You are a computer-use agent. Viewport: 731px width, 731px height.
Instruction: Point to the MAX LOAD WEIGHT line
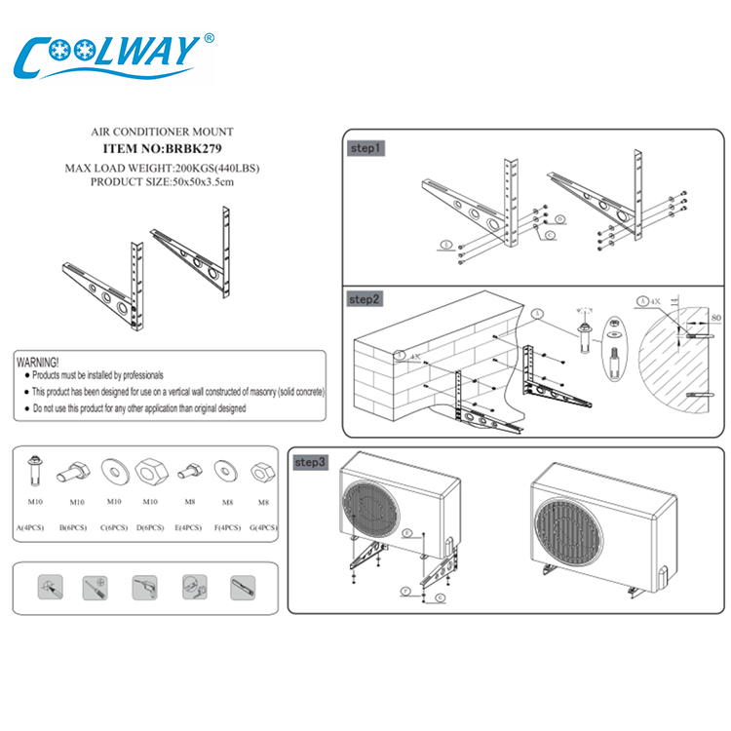coord(162,168)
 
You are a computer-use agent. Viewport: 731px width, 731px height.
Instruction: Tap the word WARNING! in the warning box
coord(39,362)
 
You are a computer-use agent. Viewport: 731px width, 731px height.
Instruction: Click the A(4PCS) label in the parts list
coord(33,527)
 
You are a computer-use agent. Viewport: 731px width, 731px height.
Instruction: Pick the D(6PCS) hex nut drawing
coord(149,469)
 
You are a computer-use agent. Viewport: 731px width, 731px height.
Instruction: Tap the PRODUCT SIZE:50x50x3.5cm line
coord(162,181)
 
